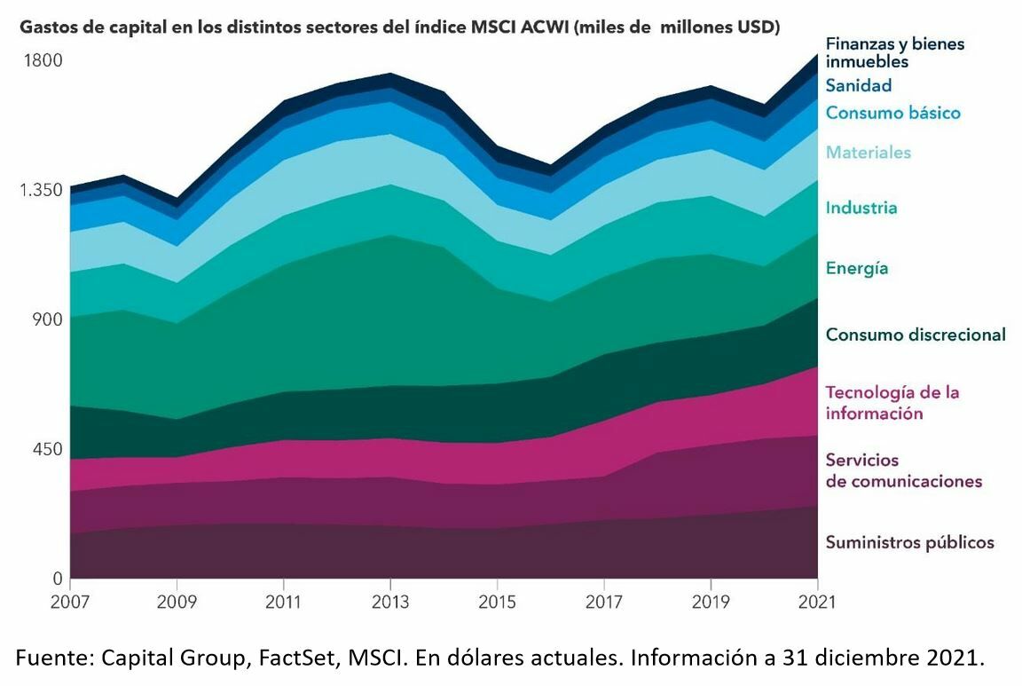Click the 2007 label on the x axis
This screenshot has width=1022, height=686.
click(x=70, y=602)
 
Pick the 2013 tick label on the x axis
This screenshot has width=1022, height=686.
click(x=389, y=602)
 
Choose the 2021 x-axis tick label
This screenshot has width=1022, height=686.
click(x=816, y=602)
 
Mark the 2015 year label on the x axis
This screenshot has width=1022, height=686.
click(x=496, y=602)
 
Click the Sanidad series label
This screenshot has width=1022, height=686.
click(x=858, y=85)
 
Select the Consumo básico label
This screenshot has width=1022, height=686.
click(x=892, y=113)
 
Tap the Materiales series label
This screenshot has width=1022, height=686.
click(x=868, y=152)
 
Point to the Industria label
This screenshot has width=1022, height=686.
click(x=861, y=208)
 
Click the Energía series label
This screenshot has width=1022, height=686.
click(x=856, y=268)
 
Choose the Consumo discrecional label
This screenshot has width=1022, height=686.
click(x=915, y=335)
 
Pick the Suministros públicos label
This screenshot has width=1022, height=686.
click(x=909, y=542)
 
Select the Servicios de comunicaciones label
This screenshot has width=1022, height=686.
click(x=903, y=470)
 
